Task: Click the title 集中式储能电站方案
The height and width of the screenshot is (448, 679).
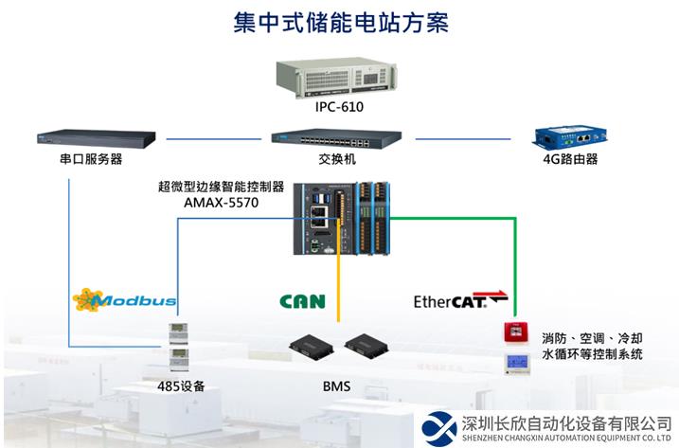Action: (x=340, y=22)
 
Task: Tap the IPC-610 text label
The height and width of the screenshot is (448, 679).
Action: (x=339, y=107)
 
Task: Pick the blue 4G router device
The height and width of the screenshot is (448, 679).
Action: (x=568, y=138)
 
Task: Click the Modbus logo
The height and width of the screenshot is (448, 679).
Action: (x=124, y=300)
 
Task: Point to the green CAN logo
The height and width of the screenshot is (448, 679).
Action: (x=302, y=302)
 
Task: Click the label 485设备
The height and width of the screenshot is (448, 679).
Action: (x=181, y=385)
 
